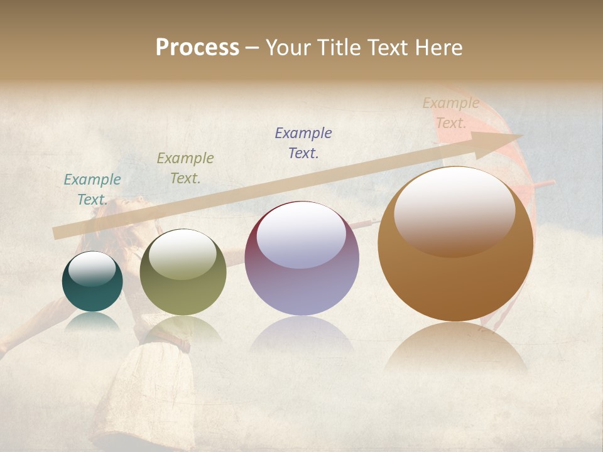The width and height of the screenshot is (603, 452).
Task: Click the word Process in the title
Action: (197, 48)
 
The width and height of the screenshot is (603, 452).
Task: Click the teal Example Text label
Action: (92, 190)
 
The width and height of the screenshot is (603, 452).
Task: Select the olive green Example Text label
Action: (185, 168)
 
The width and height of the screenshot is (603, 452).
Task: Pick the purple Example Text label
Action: (303, 143)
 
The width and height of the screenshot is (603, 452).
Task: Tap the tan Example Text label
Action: (451, 113)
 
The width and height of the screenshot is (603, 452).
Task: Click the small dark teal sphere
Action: (92, 282)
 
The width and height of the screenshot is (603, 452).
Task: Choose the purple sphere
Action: (301, 258)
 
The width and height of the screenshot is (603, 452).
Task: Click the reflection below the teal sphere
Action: (92, 322)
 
